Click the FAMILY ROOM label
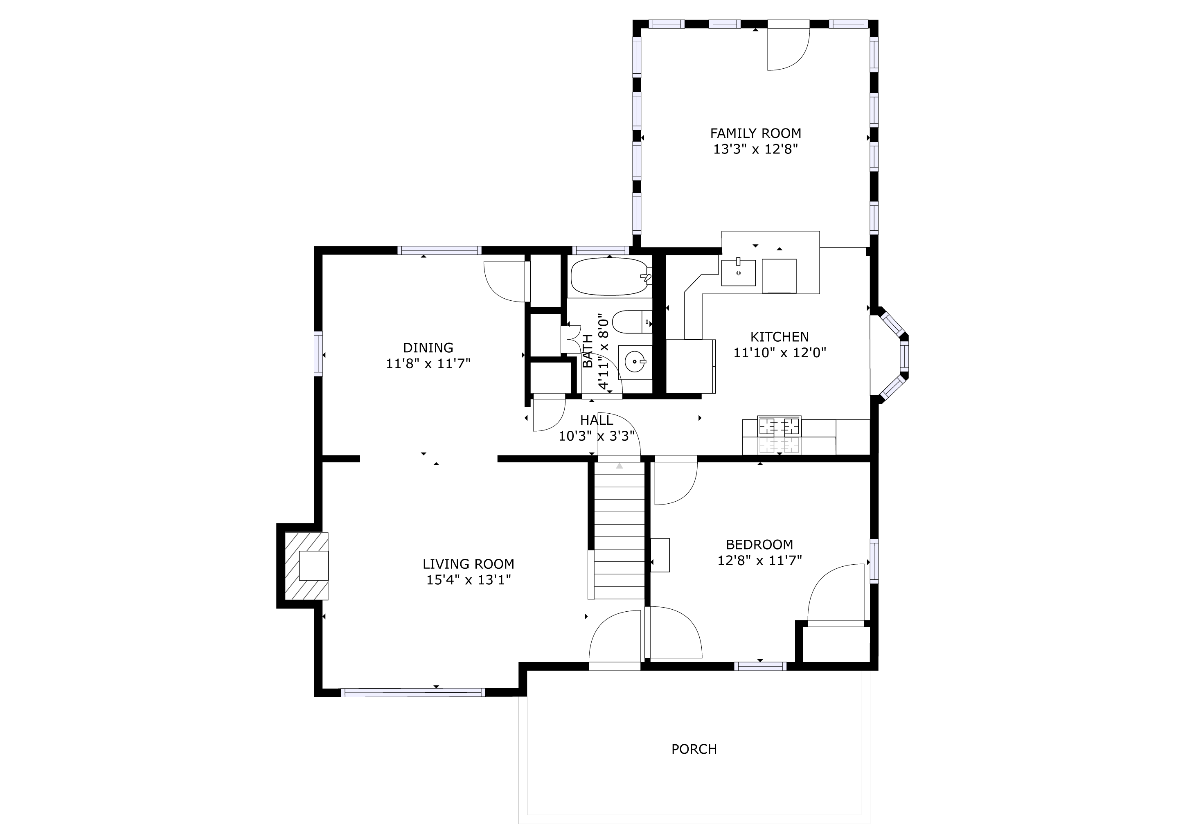756,133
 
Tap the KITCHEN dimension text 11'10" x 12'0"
780,353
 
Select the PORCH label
694,749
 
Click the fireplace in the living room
306,566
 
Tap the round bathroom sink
635,362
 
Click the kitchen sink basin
738,273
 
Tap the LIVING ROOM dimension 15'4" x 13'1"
469,580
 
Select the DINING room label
428,348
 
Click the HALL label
597,420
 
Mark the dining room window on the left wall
318,354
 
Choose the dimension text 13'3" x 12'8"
756,150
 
